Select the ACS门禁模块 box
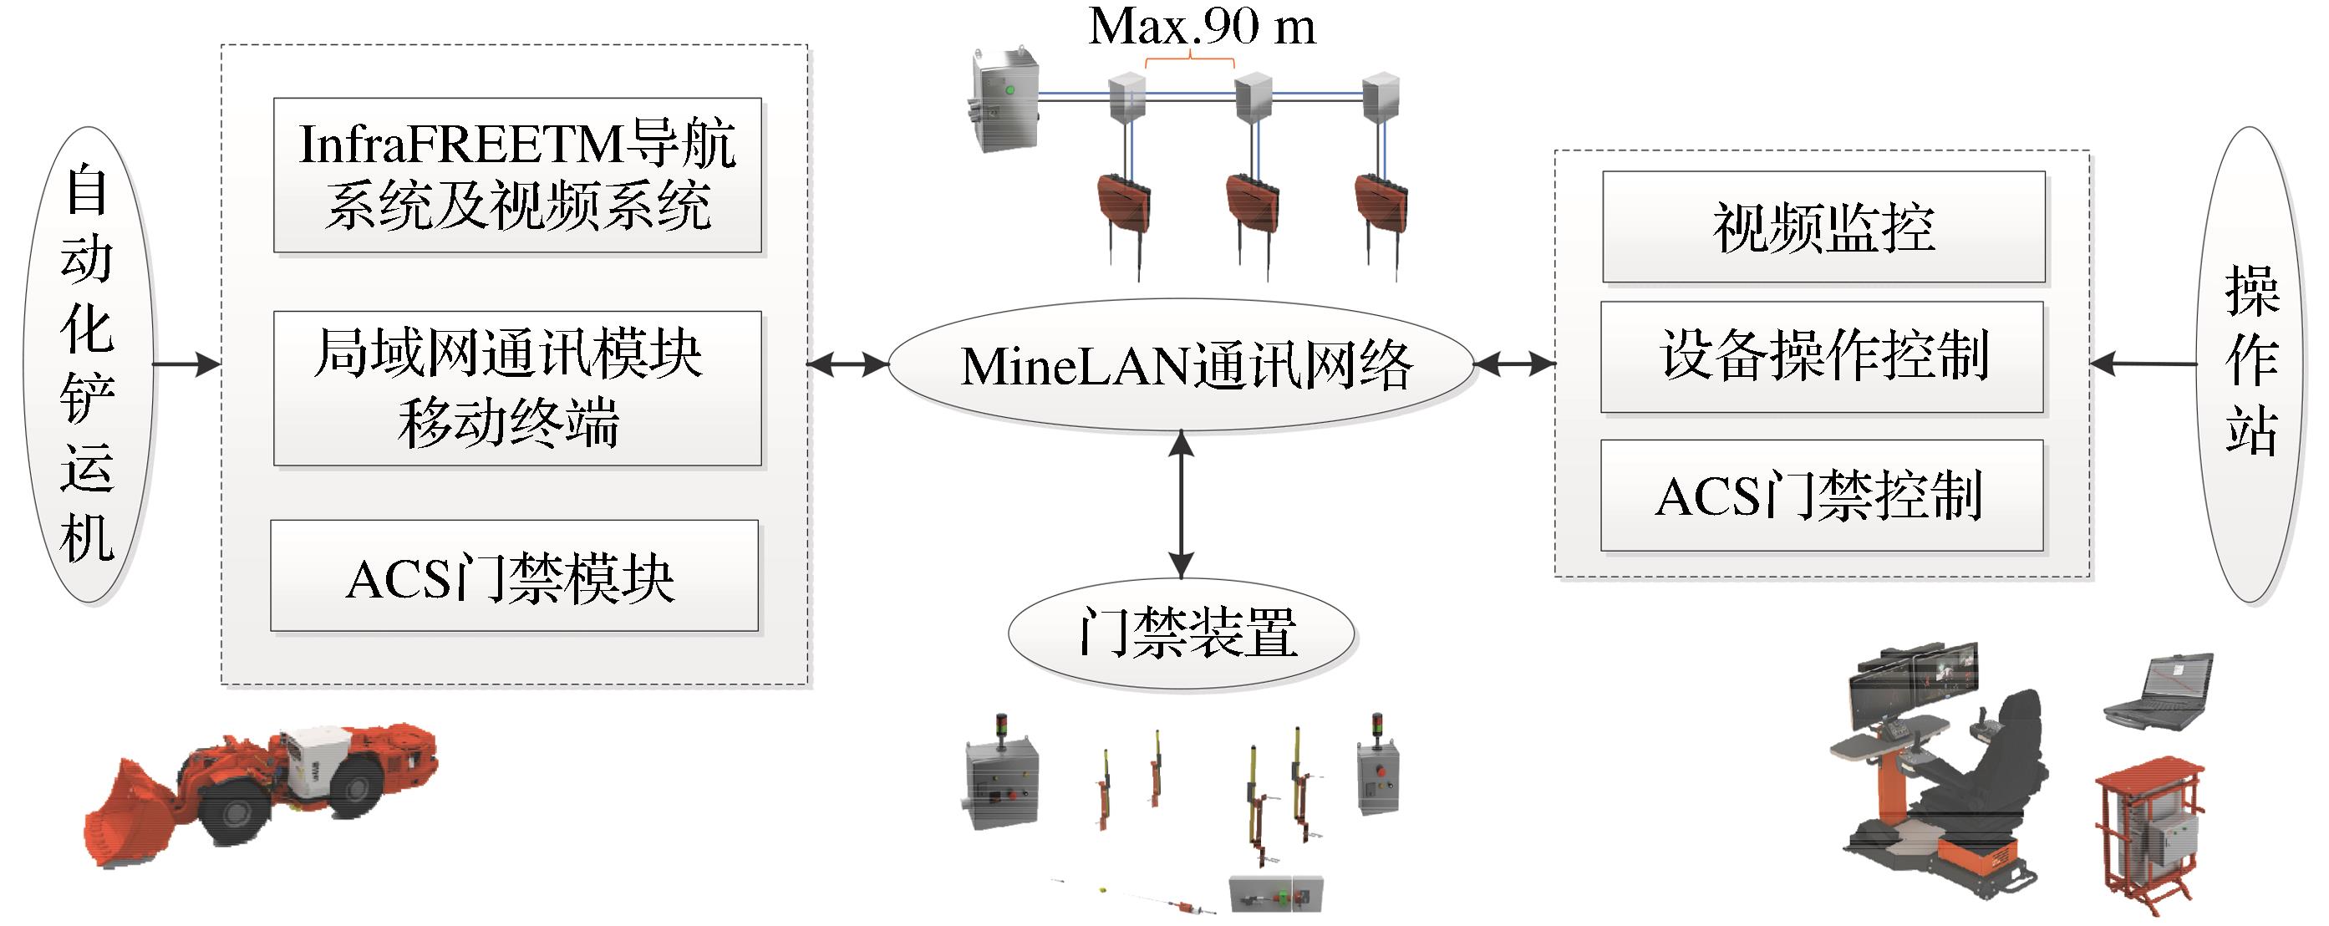(x=514, y=576)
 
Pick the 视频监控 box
(x=1823, y=227)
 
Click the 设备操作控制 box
(x=1822, y=356)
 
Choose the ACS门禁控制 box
(x=1822, y=496)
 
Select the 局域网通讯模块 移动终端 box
(x=517, y=389)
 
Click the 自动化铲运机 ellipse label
(x=88, y=364)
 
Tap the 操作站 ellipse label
(x=2250, y=364)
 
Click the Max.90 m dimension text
(x=1202, y=27)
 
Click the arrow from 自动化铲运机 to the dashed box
(x=186, y=364)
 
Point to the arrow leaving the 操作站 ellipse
(x=2143, y=364)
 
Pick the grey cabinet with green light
(x=1004, y=99)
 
